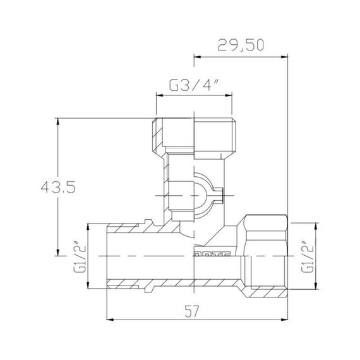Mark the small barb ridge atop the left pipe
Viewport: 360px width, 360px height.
coord(150,221)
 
